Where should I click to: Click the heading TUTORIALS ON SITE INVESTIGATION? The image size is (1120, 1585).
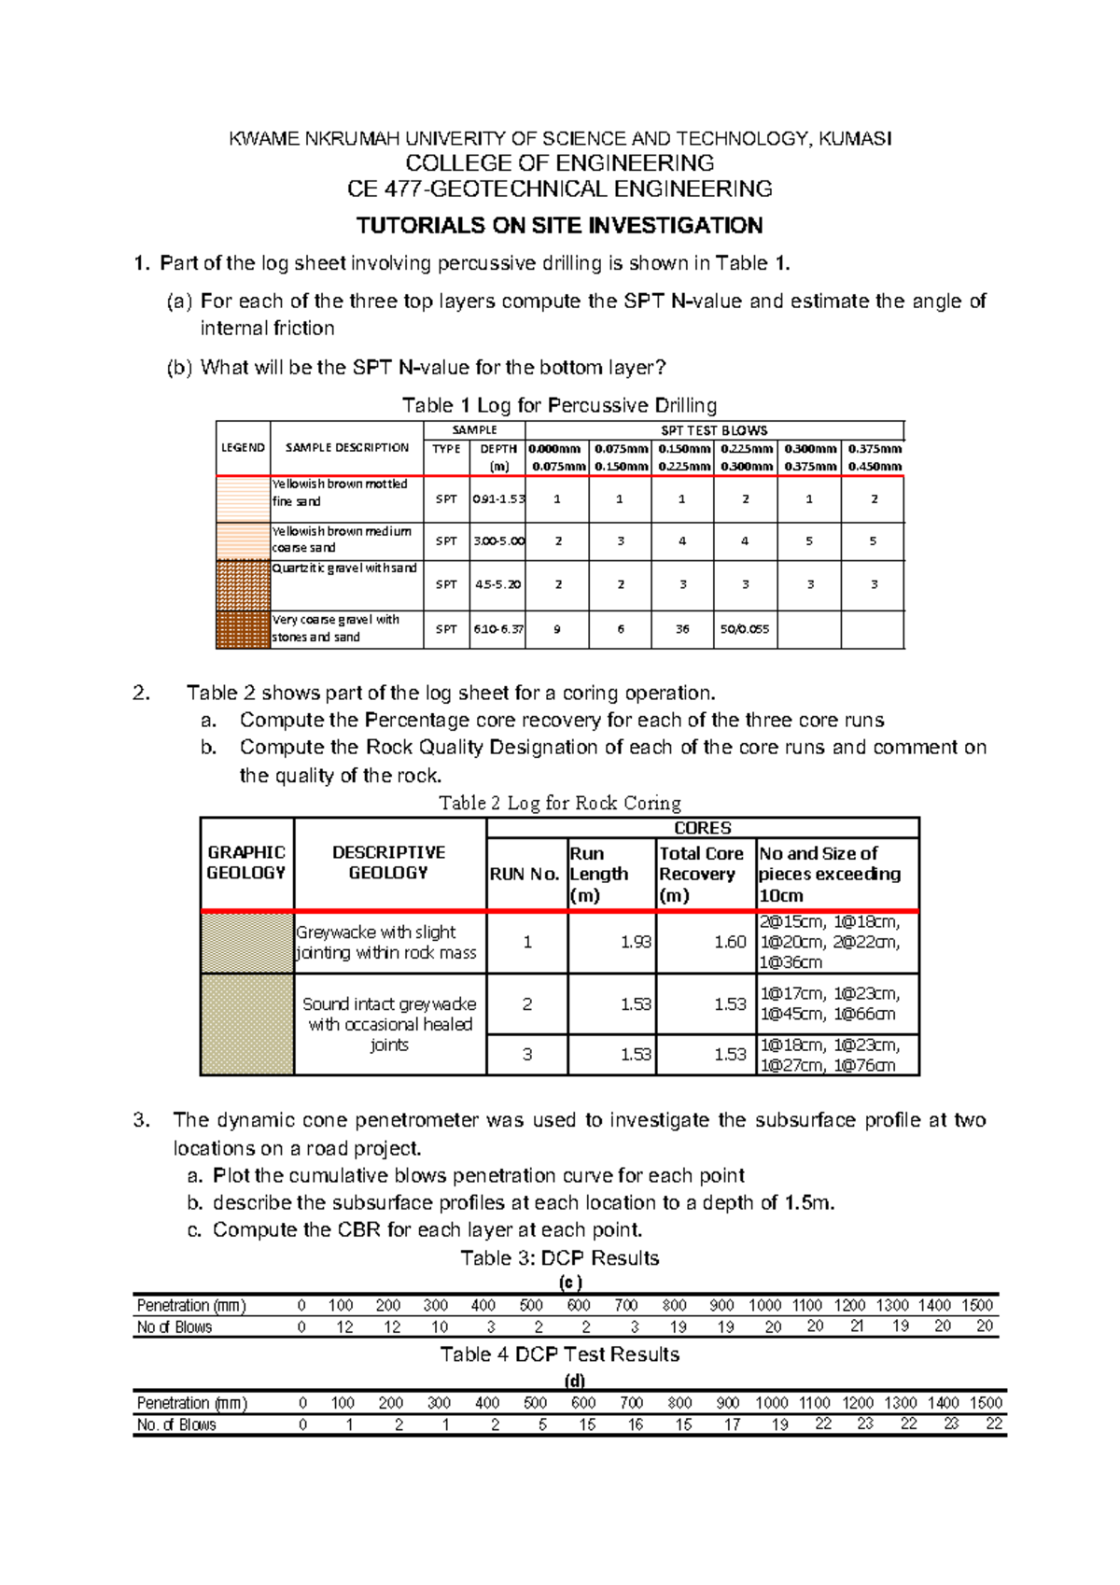559,226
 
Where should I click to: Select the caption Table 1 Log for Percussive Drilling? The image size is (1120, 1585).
559,405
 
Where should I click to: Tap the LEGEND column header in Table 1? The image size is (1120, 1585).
243,448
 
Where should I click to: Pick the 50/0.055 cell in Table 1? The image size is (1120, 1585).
745,629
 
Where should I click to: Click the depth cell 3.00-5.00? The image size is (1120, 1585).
499,541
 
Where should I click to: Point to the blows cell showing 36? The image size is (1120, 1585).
682,629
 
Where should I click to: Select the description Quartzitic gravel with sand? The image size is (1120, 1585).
344,568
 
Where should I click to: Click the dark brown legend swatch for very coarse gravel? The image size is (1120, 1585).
243,629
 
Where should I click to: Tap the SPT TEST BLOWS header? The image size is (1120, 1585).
714,430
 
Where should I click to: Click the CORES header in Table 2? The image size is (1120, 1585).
702,828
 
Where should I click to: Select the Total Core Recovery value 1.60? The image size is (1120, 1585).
730,942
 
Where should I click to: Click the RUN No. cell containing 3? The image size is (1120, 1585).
527,1054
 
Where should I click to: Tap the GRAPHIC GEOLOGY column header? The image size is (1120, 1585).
246,863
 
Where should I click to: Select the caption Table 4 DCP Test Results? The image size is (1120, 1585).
559,1354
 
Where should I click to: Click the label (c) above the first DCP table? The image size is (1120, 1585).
570,1283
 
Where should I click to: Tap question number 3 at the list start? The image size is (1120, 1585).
141,1120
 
